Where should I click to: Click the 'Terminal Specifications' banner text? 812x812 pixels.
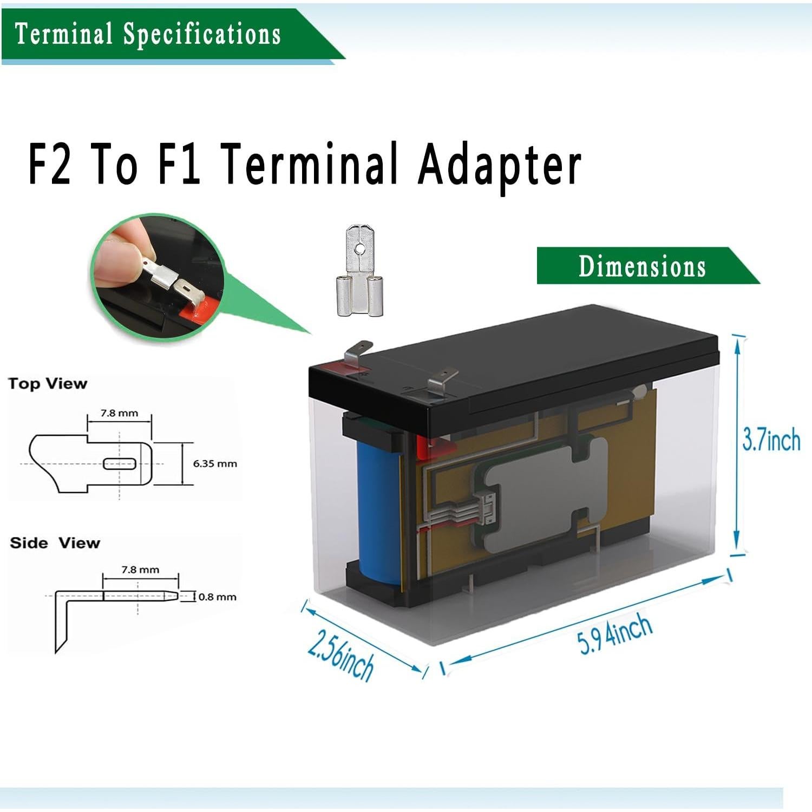147,34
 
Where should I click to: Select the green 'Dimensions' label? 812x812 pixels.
642,266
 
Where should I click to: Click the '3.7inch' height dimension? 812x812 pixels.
771,439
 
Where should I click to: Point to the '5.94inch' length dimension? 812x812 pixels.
615,635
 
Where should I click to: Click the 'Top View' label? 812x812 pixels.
48,384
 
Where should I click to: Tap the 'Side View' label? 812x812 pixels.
55,543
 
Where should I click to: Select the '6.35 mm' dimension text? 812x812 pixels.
215,463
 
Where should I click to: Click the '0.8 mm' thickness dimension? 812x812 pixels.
217,597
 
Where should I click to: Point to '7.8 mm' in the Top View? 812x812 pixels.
120,413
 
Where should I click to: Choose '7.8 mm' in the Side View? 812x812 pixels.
140,569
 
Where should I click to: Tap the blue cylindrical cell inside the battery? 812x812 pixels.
378,514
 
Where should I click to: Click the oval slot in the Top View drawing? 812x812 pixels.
120,463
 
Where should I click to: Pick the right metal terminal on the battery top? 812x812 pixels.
441,381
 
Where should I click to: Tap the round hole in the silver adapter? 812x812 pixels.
358,250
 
